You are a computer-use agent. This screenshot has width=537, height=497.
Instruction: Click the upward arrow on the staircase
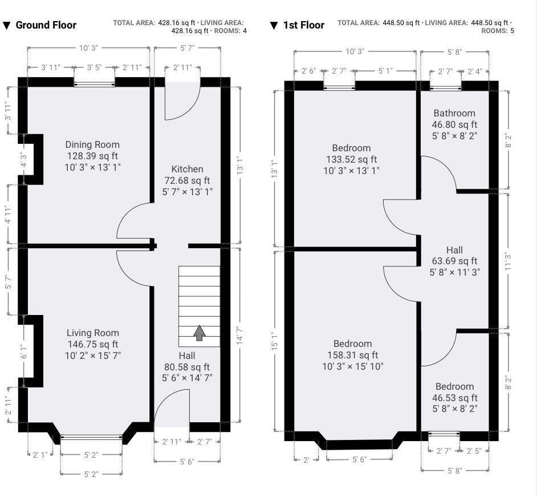pos(200,333)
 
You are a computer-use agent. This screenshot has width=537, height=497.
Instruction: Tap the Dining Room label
pos(92,144)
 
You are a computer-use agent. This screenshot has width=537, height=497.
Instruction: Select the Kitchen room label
pos(187,169)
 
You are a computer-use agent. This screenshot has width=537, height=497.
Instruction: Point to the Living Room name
pos(93,333)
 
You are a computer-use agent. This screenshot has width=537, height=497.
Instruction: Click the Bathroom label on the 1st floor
pos(454,113)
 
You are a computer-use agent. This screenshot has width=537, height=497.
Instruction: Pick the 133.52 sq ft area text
pos(351,159)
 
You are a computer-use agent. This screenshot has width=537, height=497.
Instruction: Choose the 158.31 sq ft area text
pos(353,355)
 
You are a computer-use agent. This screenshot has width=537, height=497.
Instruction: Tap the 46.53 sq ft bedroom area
pos(455,398)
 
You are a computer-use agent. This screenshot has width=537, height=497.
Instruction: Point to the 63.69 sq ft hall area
pos(454,261)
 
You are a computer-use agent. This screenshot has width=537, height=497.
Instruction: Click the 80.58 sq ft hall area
pos(187,367)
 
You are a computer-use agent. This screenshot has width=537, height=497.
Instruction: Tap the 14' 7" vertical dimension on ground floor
pos(240,335)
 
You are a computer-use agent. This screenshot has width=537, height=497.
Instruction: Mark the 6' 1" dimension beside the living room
pos(23,351)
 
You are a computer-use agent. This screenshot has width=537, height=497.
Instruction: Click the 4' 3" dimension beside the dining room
pos(23,159)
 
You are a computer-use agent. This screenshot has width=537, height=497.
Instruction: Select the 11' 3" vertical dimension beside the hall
pos(508,261)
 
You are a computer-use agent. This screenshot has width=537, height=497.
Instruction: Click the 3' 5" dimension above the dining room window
pos(94,67)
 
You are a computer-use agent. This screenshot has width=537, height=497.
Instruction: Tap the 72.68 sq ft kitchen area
pos(187,180)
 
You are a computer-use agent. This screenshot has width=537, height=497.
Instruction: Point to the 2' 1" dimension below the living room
pos(40,455)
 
